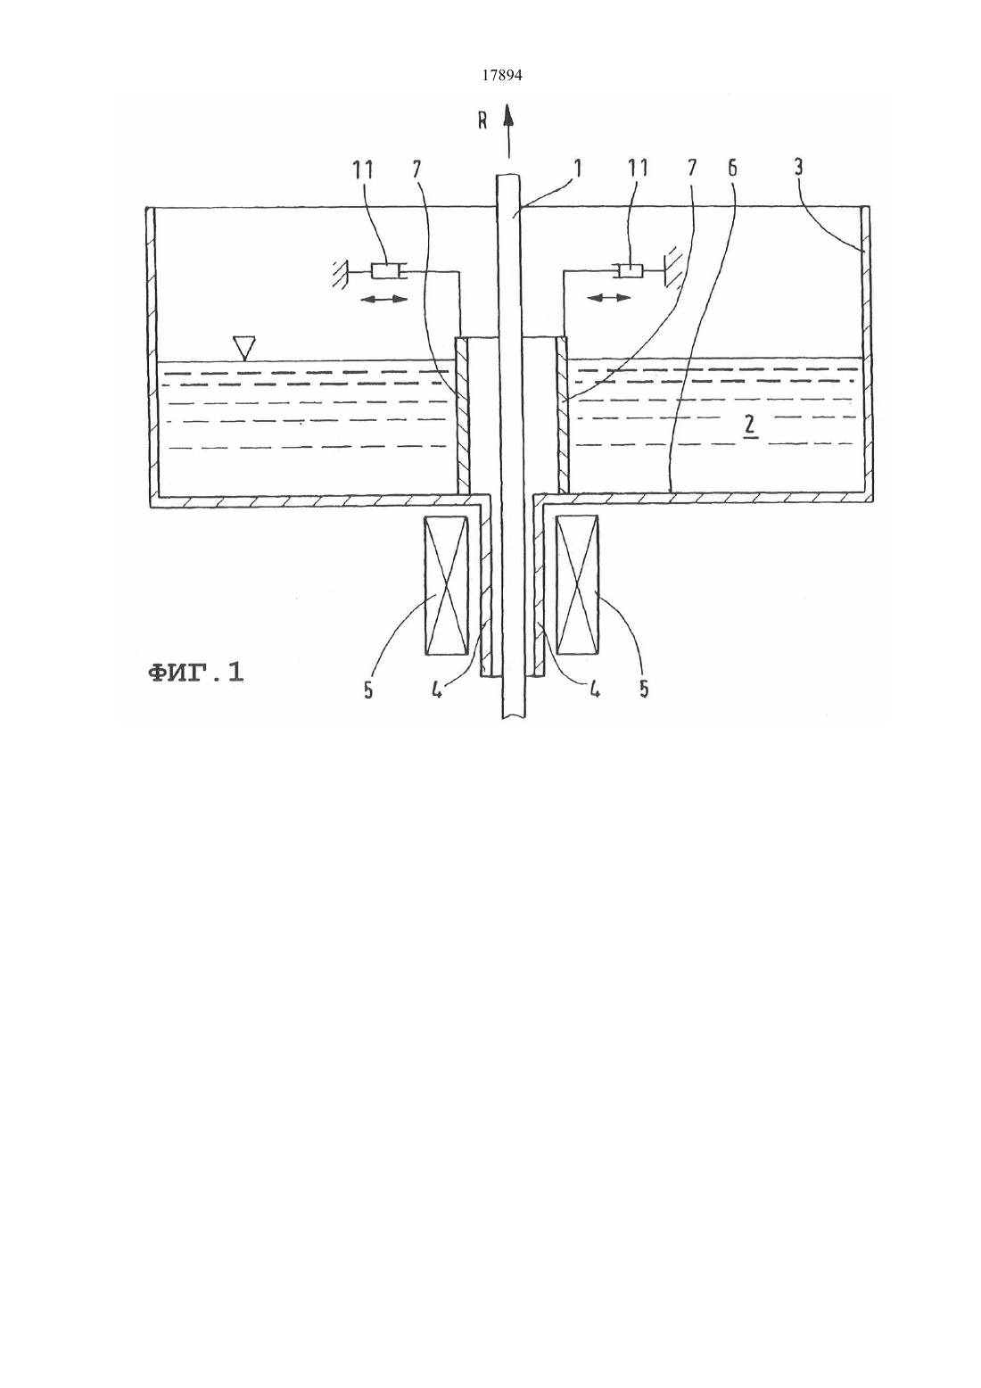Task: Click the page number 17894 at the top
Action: [501, 76]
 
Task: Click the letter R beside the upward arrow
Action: [482, 120]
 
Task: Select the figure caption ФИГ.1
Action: [195, 673]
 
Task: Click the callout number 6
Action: [733, 168]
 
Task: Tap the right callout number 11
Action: [638, 168]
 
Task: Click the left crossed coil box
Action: [445, 585]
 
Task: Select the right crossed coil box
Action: [578, 585]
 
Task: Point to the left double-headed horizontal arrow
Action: [384, 300]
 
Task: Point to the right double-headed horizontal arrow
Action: [609, 298]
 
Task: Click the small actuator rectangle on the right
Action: [629, 271]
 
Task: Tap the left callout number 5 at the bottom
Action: [367, 690]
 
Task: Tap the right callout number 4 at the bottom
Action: [594, 689]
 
